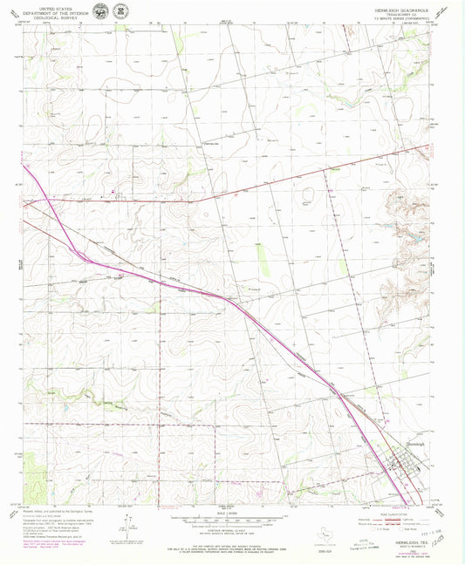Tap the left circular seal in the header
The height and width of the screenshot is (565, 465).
103,10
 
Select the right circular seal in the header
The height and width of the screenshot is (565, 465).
120,10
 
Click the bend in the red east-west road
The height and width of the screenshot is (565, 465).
193,201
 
